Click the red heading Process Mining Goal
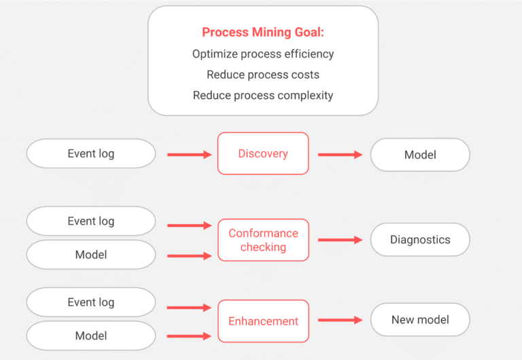[263, 32]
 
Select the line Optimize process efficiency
[263, 54]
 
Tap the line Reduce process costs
[263, 75]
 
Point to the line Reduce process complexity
[263, 95]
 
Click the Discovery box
[263, 154]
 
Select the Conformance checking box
[263, 240]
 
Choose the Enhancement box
[263, 321]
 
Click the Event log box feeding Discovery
[91, 154]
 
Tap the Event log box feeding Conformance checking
[91, 221]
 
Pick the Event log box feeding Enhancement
[91, 302]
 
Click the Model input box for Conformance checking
[91, 255]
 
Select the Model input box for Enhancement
[91, 336]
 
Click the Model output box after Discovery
[420, 155]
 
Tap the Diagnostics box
[420, 240]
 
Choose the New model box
[420, 320]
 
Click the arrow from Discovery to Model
[340, 155]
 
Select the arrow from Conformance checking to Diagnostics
[340, 240]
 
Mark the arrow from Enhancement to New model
[340, 320]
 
